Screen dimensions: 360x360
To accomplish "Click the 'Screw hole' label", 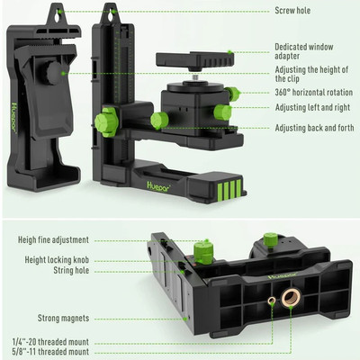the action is click(292, 11).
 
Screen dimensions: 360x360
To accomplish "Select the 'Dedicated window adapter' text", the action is click(304, 51).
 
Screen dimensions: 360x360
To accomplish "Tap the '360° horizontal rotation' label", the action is click(314, 93).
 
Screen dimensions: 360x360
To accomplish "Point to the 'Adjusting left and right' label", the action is click(312, 107).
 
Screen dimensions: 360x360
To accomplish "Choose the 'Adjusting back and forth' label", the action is click(314, 128).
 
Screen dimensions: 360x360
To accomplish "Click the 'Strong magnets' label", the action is click(63, 318).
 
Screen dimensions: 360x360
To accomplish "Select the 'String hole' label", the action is click(71, 270).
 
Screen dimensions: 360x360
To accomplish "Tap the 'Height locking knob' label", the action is click(57, 260).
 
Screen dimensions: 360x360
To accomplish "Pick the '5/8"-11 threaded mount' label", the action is click(50, 352).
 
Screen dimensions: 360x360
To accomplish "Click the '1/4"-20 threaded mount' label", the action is click(50, 342).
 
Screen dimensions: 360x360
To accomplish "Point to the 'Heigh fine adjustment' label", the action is click(53, 240).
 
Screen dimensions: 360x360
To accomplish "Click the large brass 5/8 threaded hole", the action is click(291, 298).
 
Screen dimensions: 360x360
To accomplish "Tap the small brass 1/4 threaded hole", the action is click(272, 301).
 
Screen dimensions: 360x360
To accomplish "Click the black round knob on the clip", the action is click(54, 74).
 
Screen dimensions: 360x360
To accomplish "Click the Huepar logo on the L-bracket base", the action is click(158, 186).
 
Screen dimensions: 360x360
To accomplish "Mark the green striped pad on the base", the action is click(229, 189).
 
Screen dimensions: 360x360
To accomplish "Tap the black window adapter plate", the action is click(195, 59).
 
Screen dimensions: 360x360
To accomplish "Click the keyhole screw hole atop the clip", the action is click(57, 16).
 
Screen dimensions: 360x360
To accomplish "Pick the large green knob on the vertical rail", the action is click(106, 121).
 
